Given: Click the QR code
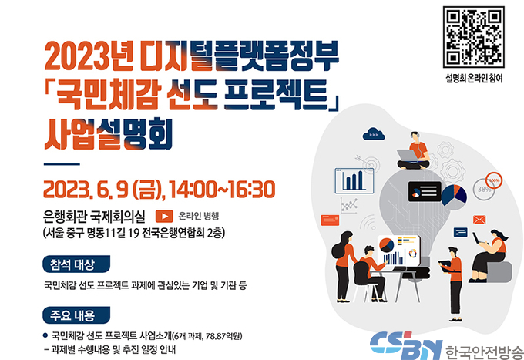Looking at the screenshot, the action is (x=474, y=37).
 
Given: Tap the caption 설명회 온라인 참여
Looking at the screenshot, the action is (x=474, y=78).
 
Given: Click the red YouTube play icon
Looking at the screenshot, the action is (x=164, y=216).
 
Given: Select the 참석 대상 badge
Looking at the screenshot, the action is (x=76, y=264).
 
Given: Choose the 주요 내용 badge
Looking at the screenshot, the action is (x=76, y=315).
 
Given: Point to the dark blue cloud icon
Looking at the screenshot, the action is (x=374, y=133).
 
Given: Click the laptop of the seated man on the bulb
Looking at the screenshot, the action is (x=408, y=156).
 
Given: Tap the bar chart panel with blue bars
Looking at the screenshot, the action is (x=354, y=180).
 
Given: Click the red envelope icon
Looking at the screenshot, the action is (x=479, y=220).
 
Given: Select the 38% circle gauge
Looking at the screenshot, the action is (x=484, y=190).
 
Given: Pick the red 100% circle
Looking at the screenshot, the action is (x=494, y=180).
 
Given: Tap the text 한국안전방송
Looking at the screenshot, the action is (x=484, y=352).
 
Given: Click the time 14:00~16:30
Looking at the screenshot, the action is (x=222, y=190).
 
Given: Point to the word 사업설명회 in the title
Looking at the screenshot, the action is (x=109, y=134).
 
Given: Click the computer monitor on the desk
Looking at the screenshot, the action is (x=398, y=251).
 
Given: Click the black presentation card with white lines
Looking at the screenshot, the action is (x=425, y=191).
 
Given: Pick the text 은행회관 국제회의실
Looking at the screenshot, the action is (x=94, y=217).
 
